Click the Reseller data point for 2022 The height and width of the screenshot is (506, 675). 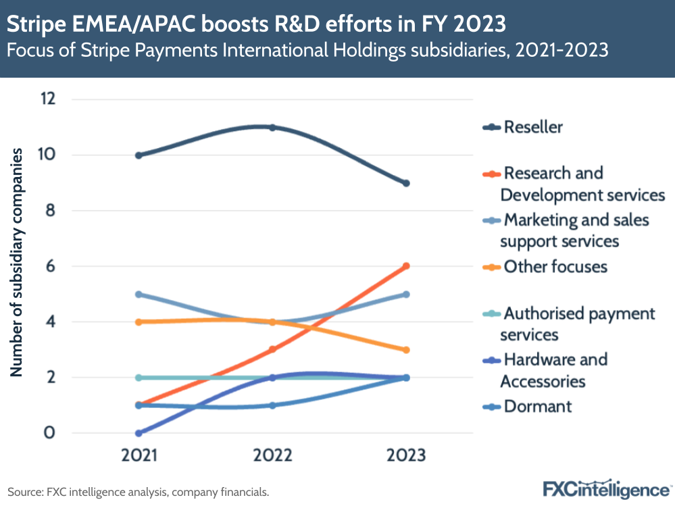pos(272,127)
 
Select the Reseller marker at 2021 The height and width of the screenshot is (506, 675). pos(139,155)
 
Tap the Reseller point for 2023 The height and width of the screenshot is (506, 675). pos(406,183)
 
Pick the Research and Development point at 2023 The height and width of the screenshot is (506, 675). pos(406,266)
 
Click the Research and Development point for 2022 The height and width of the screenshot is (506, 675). pos(272,349)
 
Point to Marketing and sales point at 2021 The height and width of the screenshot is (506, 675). pos(139,295)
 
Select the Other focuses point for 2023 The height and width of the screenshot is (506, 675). pos(406,350)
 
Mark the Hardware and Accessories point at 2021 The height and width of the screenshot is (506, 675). pos(139,433)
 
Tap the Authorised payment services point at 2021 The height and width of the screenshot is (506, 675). pos(139,378)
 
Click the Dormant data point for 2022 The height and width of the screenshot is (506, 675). pos(272,405)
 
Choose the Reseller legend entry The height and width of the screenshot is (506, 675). pos(533,127)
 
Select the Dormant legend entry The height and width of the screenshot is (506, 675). pos(537,406)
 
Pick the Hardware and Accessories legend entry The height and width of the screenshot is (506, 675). pos(553,370)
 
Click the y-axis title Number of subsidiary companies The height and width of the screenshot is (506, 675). pos(18,263)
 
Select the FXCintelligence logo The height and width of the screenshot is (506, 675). pos(606,488)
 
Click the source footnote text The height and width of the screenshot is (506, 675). pos(139,492)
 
